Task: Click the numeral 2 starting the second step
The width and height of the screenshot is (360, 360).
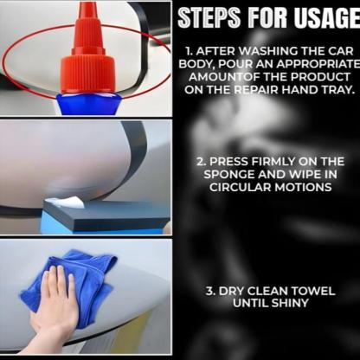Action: point(200,162)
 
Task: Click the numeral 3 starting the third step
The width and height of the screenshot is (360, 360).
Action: point(209,291)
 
